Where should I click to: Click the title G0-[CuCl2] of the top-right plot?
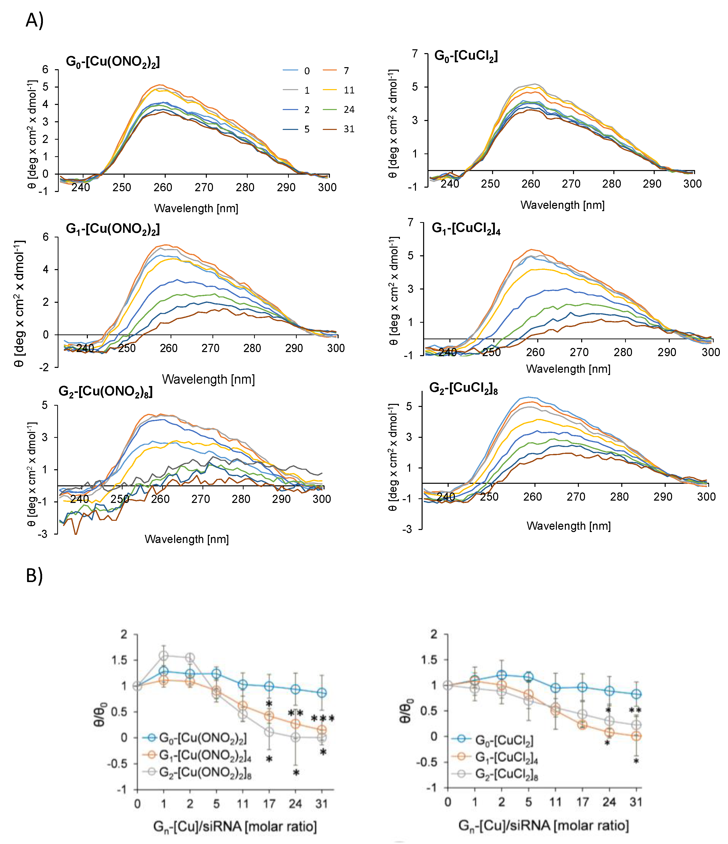click(466, 56)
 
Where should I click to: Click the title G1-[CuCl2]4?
click(466, 228)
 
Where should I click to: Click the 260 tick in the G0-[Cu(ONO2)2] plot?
click(163, 187)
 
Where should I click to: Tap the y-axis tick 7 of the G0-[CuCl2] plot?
click(415, 54)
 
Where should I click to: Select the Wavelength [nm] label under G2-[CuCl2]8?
click(568, 526)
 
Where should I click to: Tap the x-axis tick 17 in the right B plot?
click(582, 802)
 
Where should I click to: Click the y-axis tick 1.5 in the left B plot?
click(119, 660)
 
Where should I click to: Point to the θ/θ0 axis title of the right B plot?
click(406, 710)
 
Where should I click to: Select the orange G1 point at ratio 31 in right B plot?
click(636, 736)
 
